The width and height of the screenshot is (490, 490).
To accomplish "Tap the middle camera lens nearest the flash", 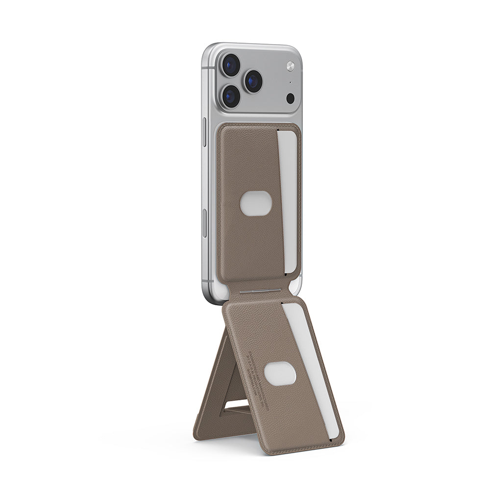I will pyautogui.click(x=253, y=81).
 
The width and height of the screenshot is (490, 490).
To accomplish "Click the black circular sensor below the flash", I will pyautogui.click(x=290, y=98).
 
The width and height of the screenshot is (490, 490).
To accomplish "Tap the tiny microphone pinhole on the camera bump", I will pyautogui.click(x=290, y=82).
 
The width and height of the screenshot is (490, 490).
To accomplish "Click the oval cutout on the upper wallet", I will pyautogui.click(x=256, y=203).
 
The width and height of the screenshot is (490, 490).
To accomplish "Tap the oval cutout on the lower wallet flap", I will pyautogui.click(x=280, y=374).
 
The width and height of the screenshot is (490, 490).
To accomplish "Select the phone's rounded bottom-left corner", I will pyautogui.click(x=209, y=296).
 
